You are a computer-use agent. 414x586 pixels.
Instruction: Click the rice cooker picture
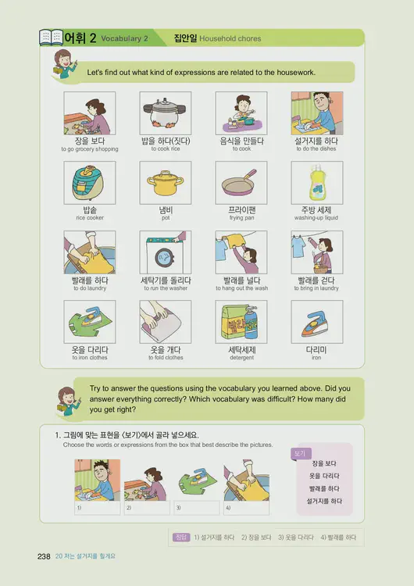[89, 183]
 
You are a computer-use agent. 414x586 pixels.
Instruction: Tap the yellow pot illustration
[165, 183]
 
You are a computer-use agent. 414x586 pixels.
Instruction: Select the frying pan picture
[241, 183]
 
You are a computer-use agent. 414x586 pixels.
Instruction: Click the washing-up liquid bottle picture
[316, 183]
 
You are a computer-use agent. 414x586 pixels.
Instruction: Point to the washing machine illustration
[165, 252]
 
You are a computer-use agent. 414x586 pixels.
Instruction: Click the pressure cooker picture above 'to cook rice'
[165, 113]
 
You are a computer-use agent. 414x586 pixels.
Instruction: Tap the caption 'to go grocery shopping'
[89, 149]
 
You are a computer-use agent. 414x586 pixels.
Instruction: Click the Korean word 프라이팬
[241, 210]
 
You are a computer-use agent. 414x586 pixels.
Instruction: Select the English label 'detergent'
[241, 358]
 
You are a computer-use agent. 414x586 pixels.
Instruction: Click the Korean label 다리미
[316, 349]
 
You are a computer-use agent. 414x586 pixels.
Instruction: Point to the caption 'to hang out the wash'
[241, 288]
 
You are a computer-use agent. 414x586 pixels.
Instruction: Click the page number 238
[44, 556]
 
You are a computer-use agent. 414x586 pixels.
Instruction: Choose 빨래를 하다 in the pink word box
[323, 488]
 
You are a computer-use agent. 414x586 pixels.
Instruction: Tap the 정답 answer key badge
[180, 538]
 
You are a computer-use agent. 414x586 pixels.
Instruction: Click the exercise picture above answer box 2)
[147, 480]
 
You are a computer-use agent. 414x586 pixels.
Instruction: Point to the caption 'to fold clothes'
[165, 358]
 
